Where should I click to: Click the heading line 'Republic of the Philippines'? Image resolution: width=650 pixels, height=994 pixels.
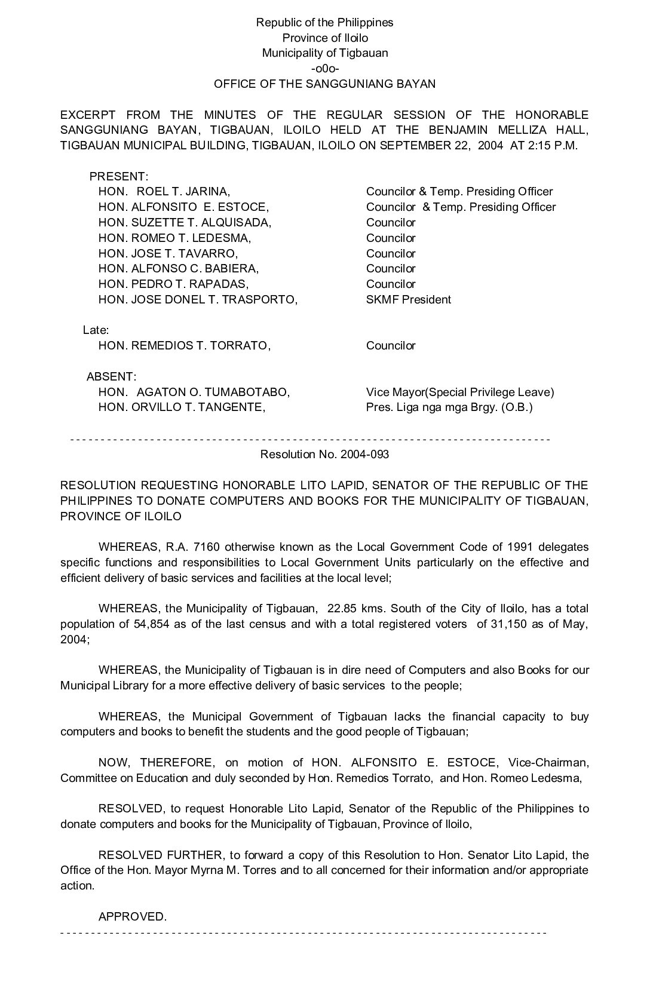pyautogui.click(x=324, y=23)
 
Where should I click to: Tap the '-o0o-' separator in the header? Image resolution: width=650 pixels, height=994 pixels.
pyautogui.click(x=324, y=68)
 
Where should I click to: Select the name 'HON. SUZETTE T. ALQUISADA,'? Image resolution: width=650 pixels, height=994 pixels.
pyautogui.click(x=185, y=223)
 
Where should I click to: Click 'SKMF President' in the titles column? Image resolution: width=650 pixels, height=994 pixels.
pyautogui.click(x=408, y=300)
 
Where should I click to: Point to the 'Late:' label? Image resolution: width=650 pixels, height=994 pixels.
pyautogui.click(x=96, y=330)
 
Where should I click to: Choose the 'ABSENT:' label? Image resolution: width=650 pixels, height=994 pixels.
pyautogui.click(x=111, y=377)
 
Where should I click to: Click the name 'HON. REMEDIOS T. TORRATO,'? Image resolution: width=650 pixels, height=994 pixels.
pyautogui.click(x=184, y=346)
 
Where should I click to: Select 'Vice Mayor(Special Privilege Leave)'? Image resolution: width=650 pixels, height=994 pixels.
pyautogui.click(x=459, y=392)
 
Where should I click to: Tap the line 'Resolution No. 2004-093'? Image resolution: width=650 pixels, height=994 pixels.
pyautogui.click(x=324, y=455)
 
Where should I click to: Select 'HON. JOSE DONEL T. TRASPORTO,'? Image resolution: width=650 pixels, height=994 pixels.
pyautogui.click(x=198, y=300)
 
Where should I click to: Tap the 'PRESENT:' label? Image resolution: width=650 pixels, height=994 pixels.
pyautogui.click(x=118, y=177)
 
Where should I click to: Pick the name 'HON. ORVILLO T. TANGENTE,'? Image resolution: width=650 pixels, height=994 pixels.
pyautogui.click(x=182, y=408)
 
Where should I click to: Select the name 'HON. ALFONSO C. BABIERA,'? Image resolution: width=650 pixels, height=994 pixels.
pyautogui.click(x=178, y=269)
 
